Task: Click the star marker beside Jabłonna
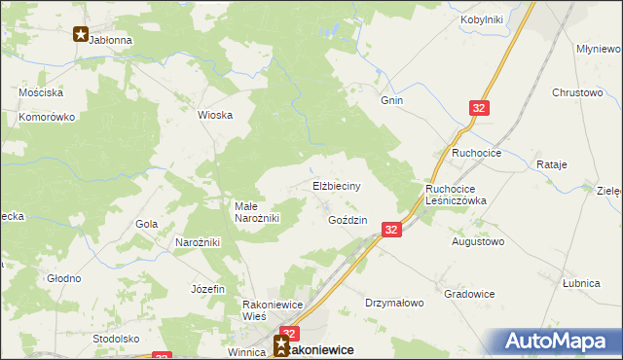pos(81,34)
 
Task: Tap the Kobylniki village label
pos(481,19)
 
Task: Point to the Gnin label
pos(392,99)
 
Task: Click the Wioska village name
pos(215,115)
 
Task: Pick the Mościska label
pos(41,92)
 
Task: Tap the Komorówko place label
pos(47,117)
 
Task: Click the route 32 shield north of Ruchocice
pos(479,109)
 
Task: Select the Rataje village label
pos(551,164)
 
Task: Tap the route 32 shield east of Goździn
pos(390,230)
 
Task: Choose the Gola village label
pos(147,224)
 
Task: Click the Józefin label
pos(208,289)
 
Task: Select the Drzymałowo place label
pos(395,303)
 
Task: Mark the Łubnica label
pos(580,283)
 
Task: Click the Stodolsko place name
pos(116,339)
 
